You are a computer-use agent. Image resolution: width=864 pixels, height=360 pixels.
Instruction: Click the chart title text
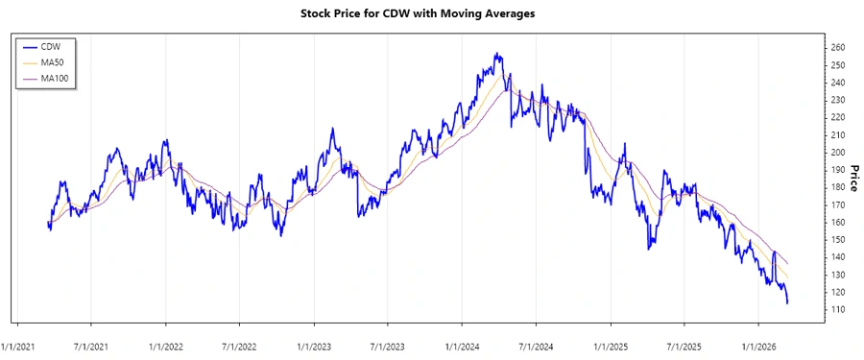click(x=432, y=14)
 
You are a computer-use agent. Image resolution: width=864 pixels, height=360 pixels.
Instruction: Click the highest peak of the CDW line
click(x=495, y=54)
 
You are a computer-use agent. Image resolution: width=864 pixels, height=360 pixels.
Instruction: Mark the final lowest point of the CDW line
click(x=788, y=303)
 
